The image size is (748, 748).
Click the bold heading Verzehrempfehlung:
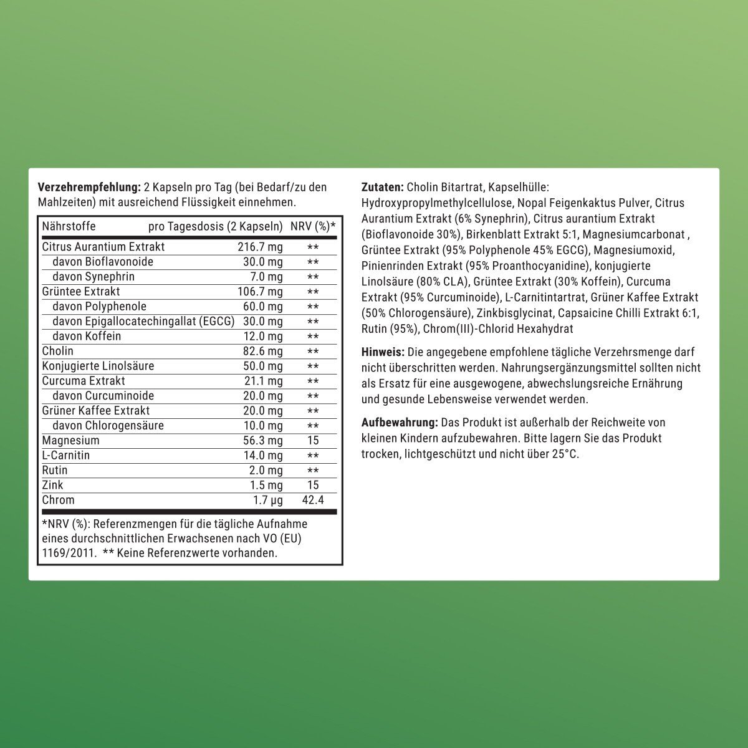pos(89,187)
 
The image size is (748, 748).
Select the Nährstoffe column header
pos(69,226)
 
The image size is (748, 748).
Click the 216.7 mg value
pos(260,247)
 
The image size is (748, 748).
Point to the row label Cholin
pos(57,351)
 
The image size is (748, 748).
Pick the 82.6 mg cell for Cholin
pos(262,352)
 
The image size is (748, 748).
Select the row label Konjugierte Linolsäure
pos(98,366)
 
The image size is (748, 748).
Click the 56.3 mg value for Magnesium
pos(262,441)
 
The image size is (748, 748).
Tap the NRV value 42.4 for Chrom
pos(313,500)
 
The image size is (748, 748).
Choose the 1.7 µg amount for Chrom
pos(267,500)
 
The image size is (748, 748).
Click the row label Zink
pos(52,485)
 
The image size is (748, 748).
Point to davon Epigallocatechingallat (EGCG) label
pos(143,322)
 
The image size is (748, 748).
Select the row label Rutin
pos(55,470)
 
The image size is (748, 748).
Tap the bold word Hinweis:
pos(383,352)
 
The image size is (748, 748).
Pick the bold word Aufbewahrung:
pos(399,423)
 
